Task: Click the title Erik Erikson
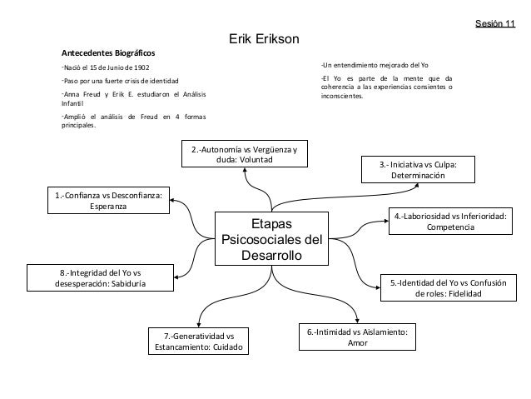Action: [265, 40]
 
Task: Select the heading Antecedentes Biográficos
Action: [107, 52]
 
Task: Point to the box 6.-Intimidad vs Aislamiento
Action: [356, 337]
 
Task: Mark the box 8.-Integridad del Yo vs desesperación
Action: [102, 277]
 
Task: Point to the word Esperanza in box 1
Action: [108, 208]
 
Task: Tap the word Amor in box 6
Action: [356, 343]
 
